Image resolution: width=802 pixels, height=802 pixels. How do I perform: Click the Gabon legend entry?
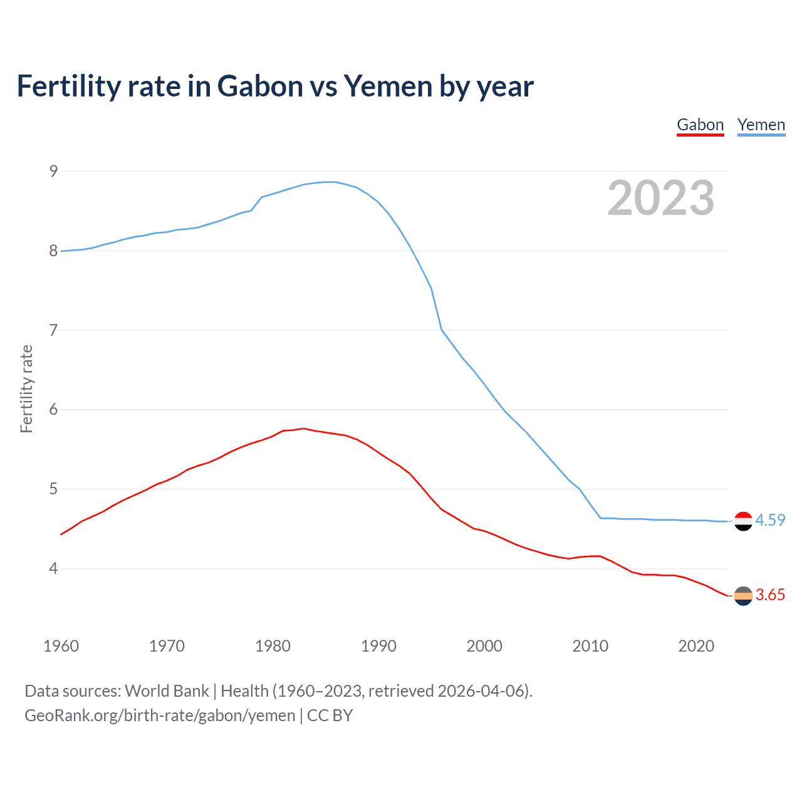point(700,125)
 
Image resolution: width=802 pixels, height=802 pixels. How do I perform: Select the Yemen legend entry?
point(761,125)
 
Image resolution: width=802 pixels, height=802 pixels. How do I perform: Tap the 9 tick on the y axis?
point(53,171)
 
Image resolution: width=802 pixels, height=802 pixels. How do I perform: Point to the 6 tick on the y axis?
point(53,410)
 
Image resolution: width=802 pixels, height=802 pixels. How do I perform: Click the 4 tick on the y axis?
point(53,569)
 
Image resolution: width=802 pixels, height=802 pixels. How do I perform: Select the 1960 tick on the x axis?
point(61,646)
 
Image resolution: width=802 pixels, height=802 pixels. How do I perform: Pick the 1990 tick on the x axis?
point(378,646)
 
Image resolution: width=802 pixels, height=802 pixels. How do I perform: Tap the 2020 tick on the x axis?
point(696,646)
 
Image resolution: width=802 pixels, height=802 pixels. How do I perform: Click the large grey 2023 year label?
point(660,198)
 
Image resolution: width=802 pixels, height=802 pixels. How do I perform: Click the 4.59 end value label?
point(770,521)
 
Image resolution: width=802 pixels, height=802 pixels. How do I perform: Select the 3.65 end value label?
point(770,595)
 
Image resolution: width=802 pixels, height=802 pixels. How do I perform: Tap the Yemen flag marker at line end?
point(743,521)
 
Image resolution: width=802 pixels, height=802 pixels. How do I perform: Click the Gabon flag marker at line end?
point(743,596)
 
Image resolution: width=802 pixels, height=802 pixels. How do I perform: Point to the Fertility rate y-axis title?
point(26,388)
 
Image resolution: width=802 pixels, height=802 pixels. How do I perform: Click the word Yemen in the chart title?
point(387,86)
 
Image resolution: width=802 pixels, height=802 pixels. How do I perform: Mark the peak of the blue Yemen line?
point(330,182)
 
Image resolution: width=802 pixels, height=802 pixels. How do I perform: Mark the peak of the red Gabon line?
point(304,429)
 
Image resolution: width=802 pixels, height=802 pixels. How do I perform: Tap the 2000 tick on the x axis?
point(484,646)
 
